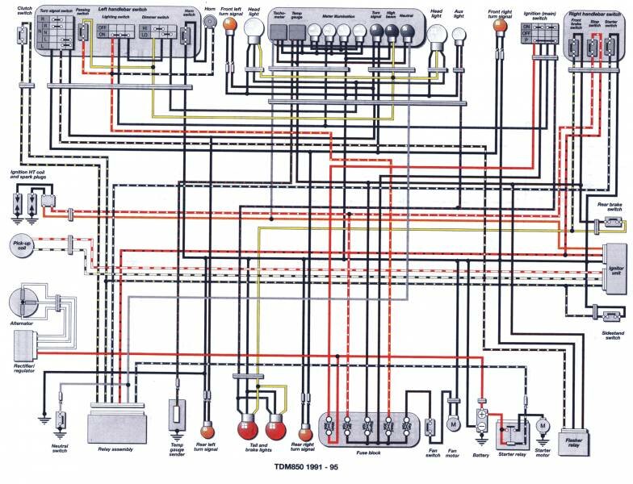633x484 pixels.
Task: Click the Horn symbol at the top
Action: coord(210,23)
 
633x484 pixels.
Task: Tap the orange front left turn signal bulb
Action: coord(230,27)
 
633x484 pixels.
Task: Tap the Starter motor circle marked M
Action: coord(543,425)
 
